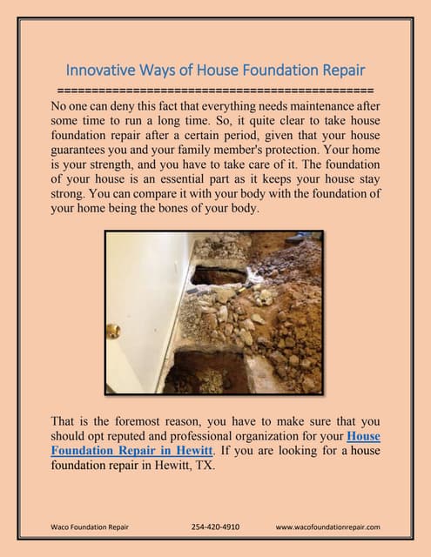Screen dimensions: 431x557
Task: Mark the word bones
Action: point(182,209)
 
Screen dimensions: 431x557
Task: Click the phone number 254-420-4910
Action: point(215,527)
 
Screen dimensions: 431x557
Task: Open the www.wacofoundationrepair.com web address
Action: point(327,527)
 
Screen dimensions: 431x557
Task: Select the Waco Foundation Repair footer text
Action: point(90,527)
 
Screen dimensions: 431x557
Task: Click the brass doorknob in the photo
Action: point(113,330)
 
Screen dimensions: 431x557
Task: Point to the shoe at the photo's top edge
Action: point(298,236)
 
